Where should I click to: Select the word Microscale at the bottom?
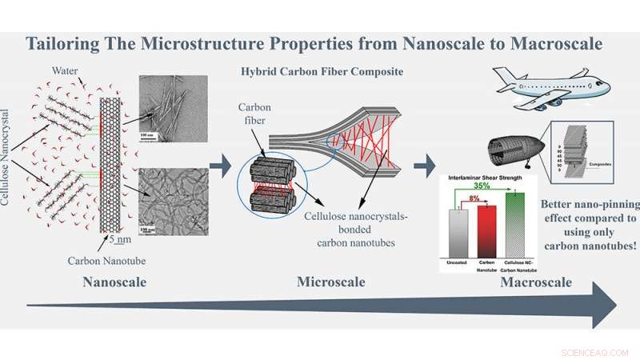(330, 282)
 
